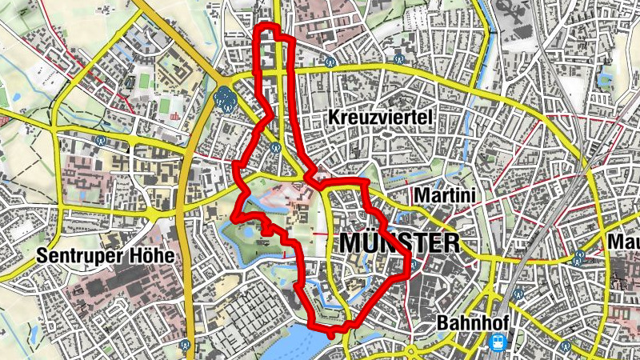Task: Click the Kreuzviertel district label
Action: (x=380, y=118)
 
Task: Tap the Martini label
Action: (x=444, y=194)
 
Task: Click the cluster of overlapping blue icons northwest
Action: (x=226, y=100)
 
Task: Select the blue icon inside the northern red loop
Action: (x=274, y=146)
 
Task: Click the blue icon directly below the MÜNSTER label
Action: (x=414, y=266)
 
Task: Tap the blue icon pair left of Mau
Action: (x=579, y=257)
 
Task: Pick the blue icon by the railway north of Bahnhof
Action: (x=518, y=294)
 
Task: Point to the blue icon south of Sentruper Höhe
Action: (x=186, y=345)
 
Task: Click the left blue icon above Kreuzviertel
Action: (x=330, y=60)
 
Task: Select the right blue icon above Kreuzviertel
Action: (x=398, y=57)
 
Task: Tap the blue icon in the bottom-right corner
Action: (x=565, y=346)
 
